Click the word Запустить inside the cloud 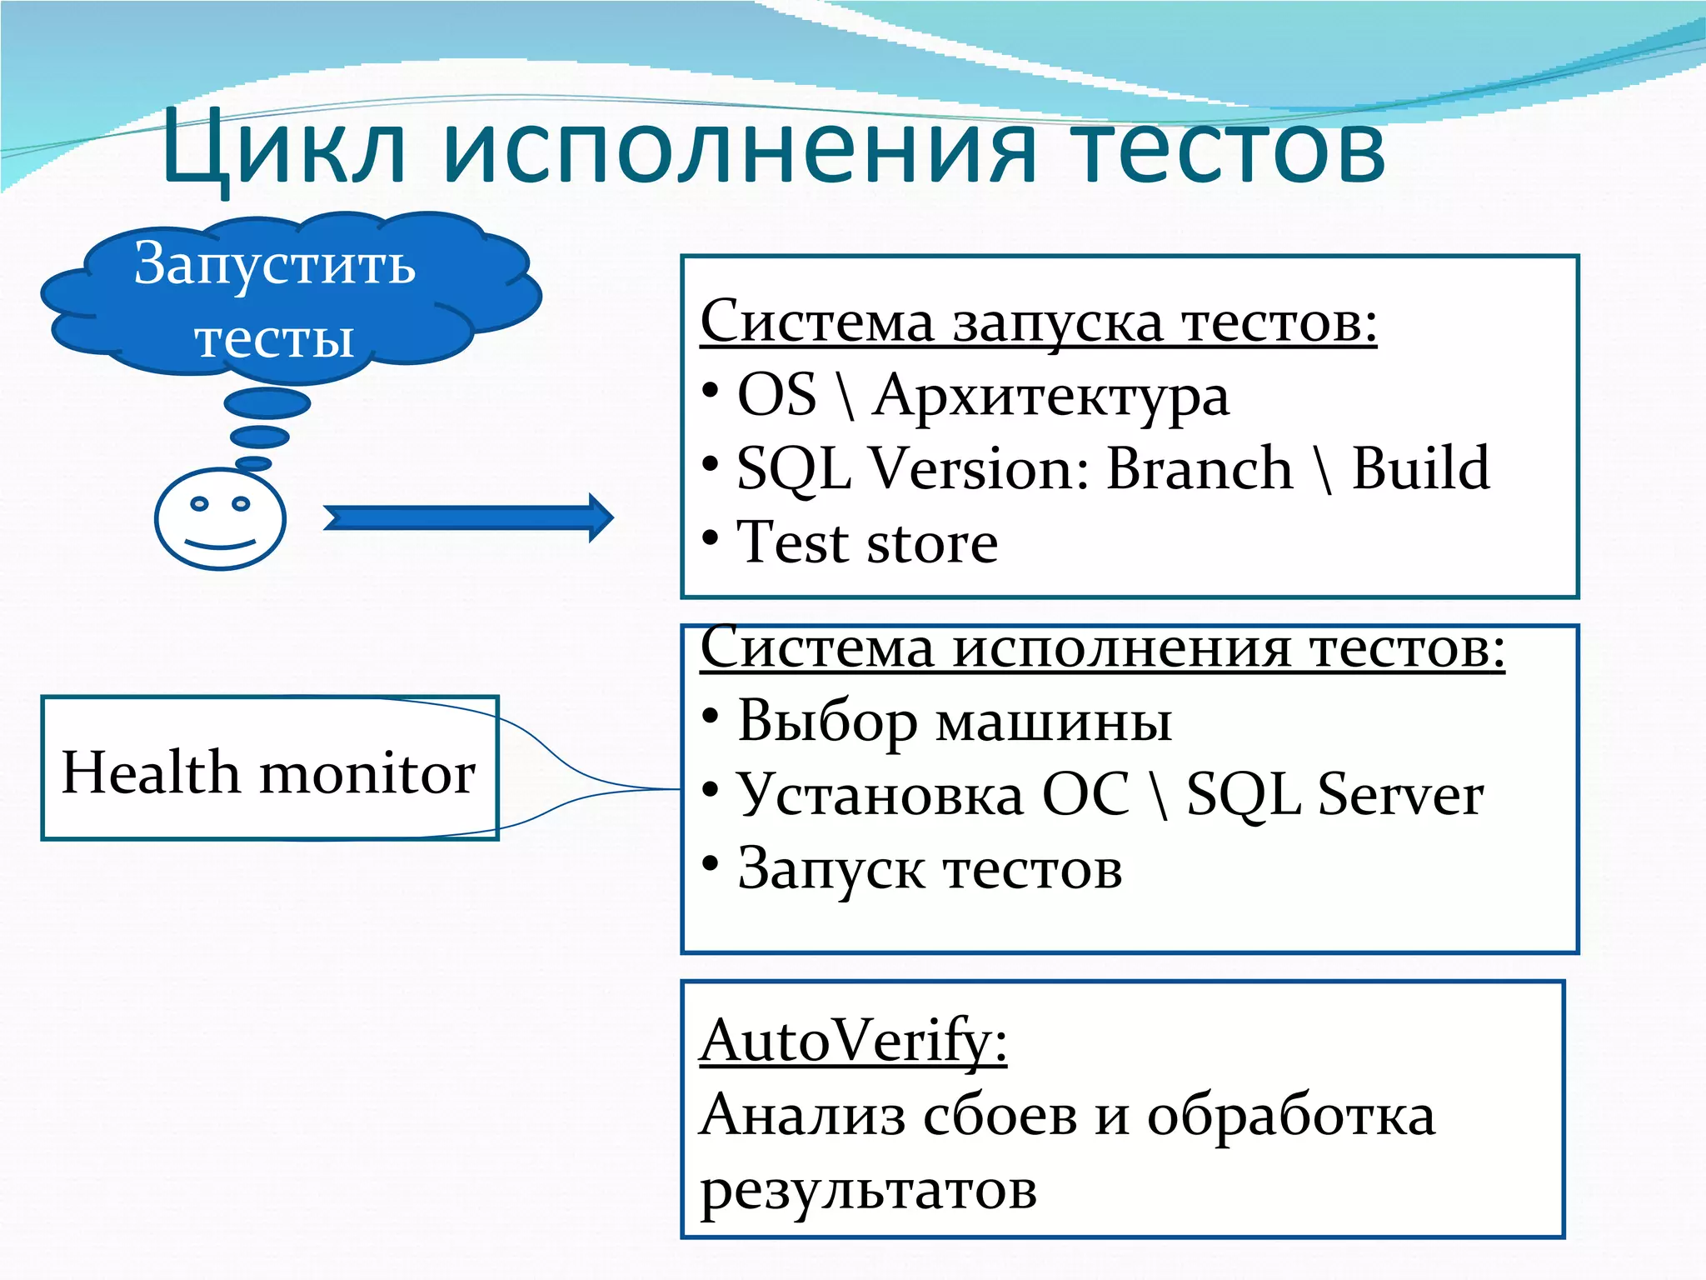pyautogui.click(x=274, y=264)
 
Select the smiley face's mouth pyautogui.click(x=220, y=543)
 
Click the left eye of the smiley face pyautogui.click(x=199, y=503)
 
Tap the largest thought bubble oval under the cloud pyautogui.click(x=267, y=404)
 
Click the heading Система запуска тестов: pyautogui.click(x=1038, y=322)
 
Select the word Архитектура pyautogui.click(x=1050, y=395)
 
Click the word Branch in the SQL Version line pyautogui.click(x=1200, y=468)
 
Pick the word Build pyautogui.click(x=1420, y=468)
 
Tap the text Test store pyautogui.click(x=867, y=542)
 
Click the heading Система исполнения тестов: pyautogui.click(x=1102, y=647)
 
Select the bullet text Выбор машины pyautogui.click(x=955, y=721)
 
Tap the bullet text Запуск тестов pyautogui.click(x=930, y=868)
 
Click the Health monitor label pyautogui.click(x=268, y=772)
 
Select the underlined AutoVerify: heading pyautogui.click(x=853, y=1041)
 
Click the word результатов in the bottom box pyautogui.click(x=868, y=1189)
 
